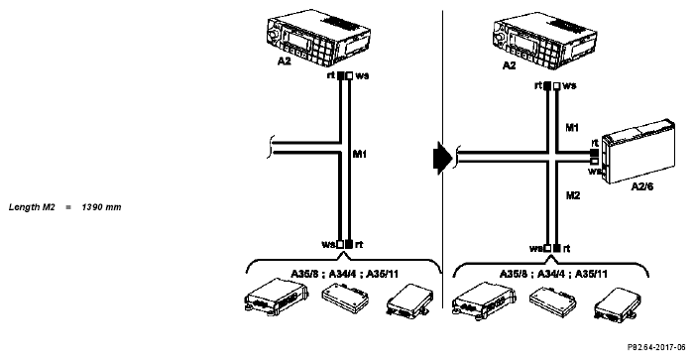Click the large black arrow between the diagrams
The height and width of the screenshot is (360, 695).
(442, 159)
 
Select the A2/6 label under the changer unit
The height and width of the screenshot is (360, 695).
(642, 186)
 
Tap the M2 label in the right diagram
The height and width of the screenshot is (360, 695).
(573, 195)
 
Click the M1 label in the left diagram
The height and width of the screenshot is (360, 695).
(360, 154)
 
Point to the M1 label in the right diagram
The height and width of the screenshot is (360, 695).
(572, 128)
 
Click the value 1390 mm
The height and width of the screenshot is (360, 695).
(101, 207)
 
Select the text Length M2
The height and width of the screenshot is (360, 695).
(32, 207)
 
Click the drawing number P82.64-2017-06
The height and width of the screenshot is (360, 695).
(656, 347)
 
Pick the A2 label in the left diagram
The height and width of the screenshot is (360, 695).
(285, 61)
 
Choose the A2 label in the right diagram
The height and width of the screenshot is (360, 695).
(509, 65)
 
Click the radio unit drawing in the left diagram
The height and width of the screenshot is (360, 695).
(318, 38)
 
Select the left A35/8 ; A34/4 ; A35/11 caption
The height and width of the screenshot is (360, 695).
(344, 274)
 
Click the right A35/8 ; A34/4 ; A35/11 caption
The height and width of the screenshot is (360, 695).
(553, 274)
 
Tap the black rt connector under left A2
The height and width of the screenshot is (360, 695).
(340, 75)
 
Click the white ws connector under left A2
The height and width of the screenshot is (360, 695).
(349, 75)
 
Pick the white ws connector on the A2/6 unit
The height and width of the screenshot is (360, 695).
(595, 162)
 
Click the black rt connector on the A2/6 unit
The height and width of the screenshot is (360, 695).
(595, 153)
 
